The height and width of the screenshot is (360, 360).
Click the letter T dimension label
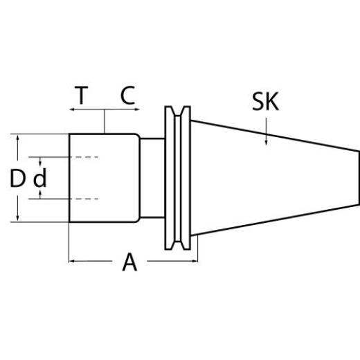pyautogui.click(x=82, y=96)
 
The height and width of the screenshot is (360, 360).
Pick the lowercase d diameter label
pyautogui.click(x=40, y=179)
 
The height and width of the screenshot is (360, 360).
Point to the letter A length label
pyautogui.click(x=129, y=262)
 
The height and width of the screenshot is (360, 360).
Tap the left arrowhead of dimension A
pyautogui.click(x=73, y=261)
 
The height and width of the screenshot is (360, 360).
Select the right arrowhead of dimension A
pyautogui.click(x=194, y=261)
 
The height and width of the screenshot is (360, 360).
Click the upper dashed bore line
pyautogui.click(x=83, y=158)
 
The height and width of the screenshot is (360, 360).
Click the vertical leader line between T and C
pyautogui.click(x=104, y=121)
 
